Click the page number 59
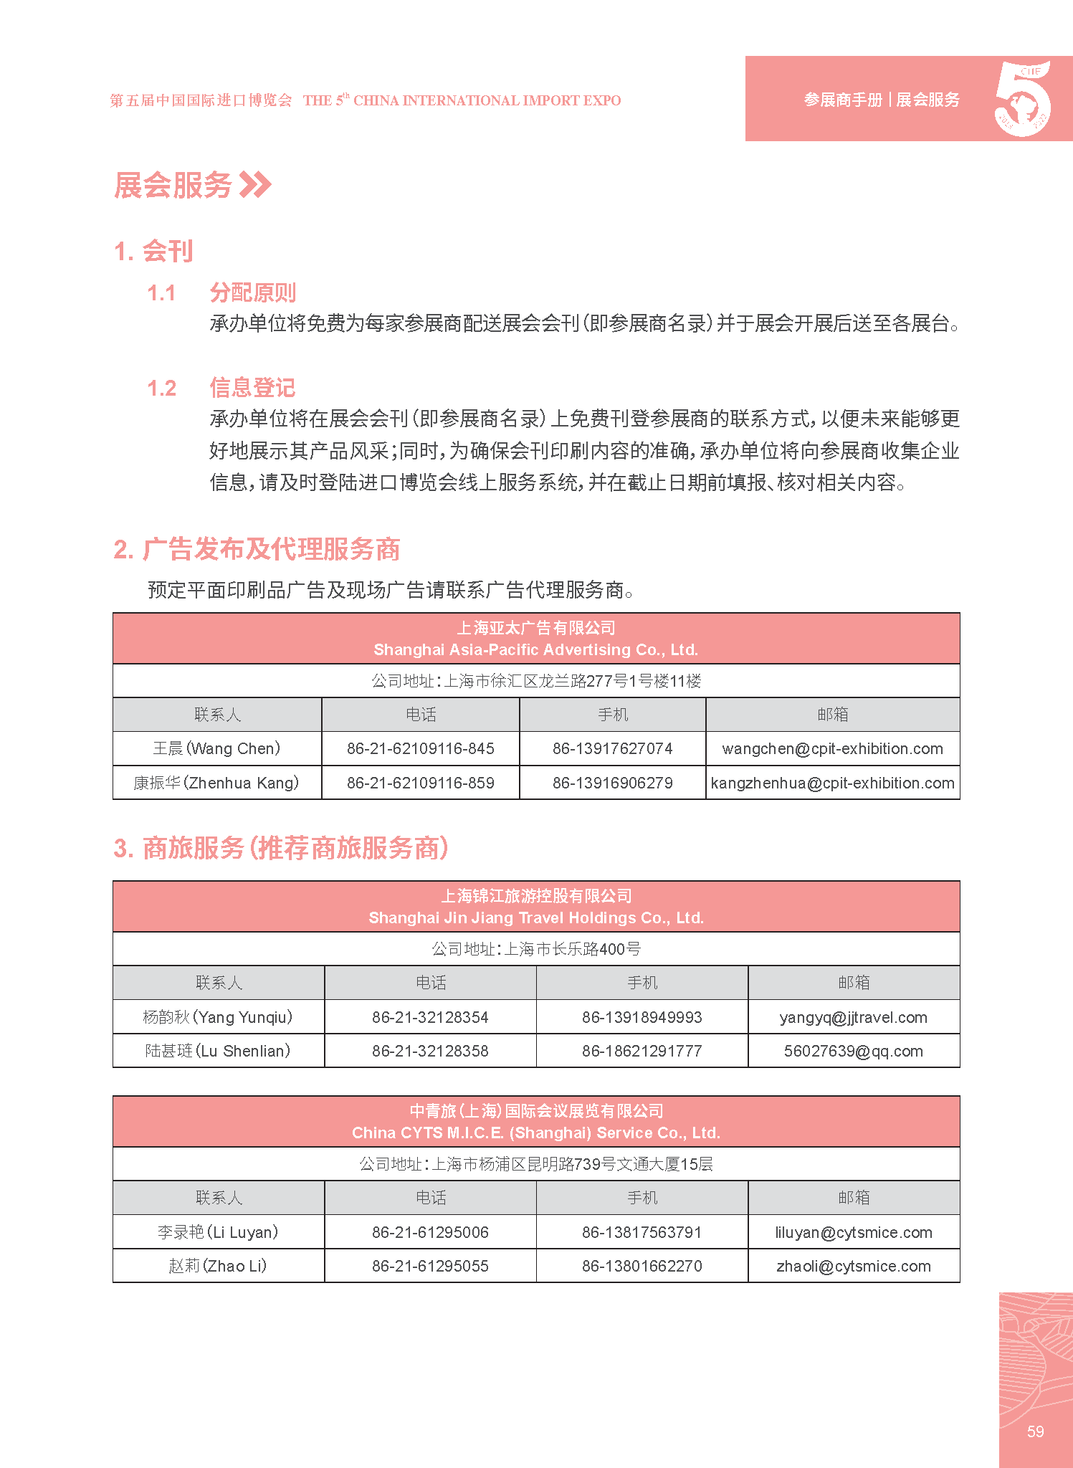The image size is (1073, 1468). (x=1035, y=1431)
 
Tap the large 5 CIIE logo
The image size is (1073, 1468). (x=1023, y=99)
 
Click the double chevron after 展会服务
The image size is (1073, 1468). (x=255, y=185)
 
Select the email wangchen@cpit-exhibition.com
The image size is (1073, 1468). (x=832, y=748)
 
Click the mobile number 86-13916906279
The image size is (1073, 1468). (x=612, y=783)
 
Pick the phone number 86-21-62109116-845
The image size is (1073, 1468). (x=421, y=748)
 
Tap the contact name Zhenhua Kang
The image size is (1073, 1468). (x=216, y=783)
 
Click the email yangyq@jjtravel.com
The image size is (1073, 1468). (x=853, y=1017)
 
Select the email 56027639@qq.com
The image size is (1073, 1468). (x=853, y=1051)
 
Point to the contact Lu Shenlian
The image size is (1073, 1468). (x=218, y=1051)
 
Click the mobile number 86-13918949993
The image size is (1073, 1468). (x=642, y=1017)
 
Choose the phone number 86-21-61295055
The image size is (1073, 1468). (x=430, y=1266)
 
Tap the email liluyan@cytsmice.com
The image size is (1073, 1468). (x=853, y=1232)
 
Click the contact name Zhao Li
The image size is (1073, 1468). (x=218, y=1266)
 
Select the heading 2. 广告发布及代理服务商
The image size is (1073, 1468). (x=257, y=550)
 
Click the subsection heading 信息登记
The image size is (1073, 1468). (x=252, y=388)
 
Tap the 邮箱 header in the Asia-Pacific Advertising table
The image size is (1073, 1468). (x=832, y=715)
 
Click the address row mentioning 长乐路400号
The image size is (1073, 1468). (x=536, y=949)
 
